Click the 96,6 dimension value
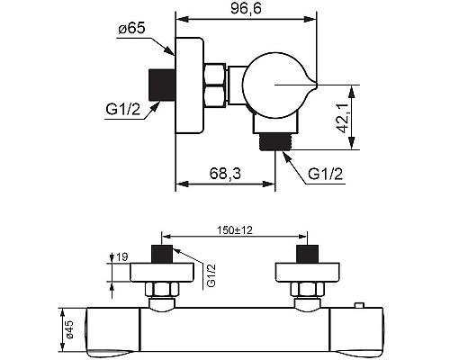point(246,8)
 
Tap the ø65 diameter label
point(131,29)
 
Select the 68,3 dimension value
point(225,174)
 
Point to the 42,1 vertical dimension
point(342,118)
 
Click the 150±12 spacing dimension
point(235,230)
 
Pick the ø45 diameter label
point(69,329)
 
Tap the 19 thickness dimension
point(121,256)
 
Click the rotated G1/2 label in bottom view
point(211,275)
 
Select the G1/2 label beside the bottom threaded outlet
point(325,174)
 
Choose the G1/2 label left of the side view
point(123,109)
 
